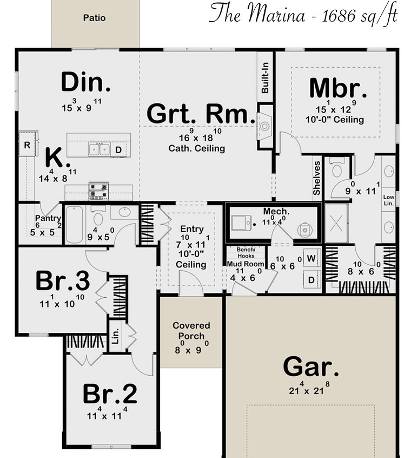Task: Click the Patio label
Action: pyautogui.click(x=94, y=18)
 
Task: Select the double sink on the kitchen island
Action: pyautogui.click(x=99, y=149)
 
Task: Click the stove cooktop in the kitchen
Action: pyautogui.click(x=98, y=191)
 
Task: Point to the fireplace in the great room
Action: pyautogui.click(x=265, y=126)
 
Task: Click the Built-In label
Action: pyautogui.click(x=265, y=78)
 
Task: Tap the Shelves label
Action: pyautogui.click(x=317, y=178)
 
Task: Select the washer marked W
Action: pyautogui.click(x=311, y=258)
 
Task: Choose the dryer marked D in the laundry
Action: pyautogui.click(x=311, y=280)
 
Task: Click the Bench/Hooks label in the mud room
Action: pyautogui.click(x=246, y=253)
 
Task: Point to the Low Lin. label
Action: pyautogui.click(x=388, y=200)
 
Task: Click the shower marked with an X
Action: pyautogui.click(x=336, y=223)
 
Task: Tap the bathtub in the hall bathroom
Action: pyautogui.click(x=74, y=225)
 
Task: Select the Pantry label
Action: pyautogui.click(x=48, y=218)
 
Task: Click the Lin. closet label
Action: pyautogui.click(x=116, y=336)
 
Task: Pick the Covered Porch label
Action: pyautogui.click(x=191, y=331)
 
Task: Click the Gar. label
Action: pyautogui.click(x=311, y=367)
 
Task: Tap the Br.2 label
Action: pyautogui.click(x=110, y=394)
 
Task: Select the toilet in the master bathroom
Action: pyautogui.click(x=337, y=169)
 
